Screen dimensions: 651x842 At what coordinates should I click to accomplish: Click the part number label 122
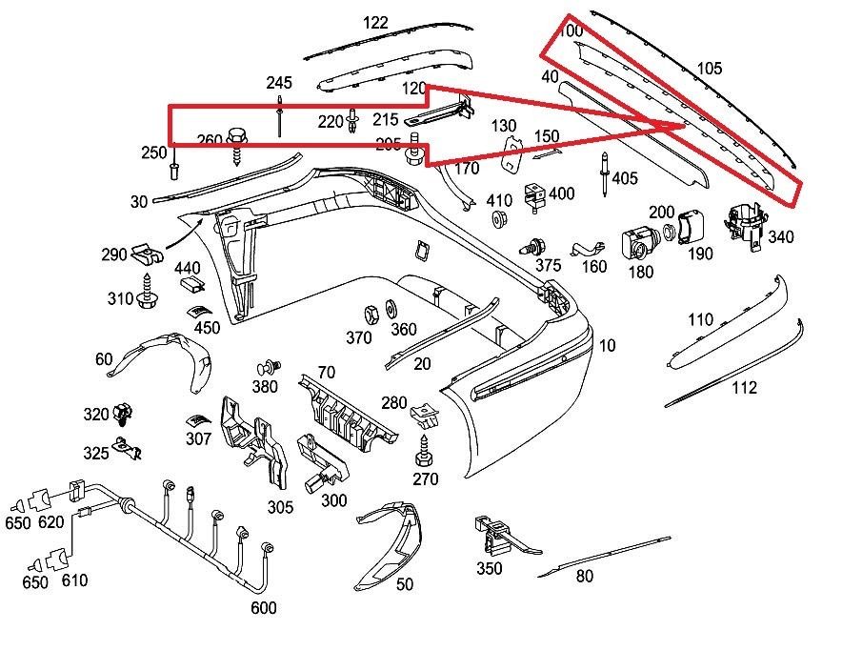click(375, 23)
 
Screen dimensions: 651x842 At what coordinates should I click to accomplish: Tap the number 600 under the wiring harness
click(264, 608)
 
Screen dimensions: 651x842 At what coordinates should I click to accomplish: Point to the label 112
click(744, 387)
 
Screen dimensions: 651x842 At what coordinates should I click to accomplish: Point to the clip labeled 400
click(532, 195)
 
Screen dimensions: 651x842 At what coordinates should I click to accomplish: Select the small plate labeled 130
click(511, 153)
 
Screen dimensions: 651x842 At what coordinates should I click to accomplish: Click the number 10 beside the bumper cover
click(608, 345)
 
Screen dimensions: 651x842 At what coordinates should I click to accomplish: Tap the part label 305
click(280, 506)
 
